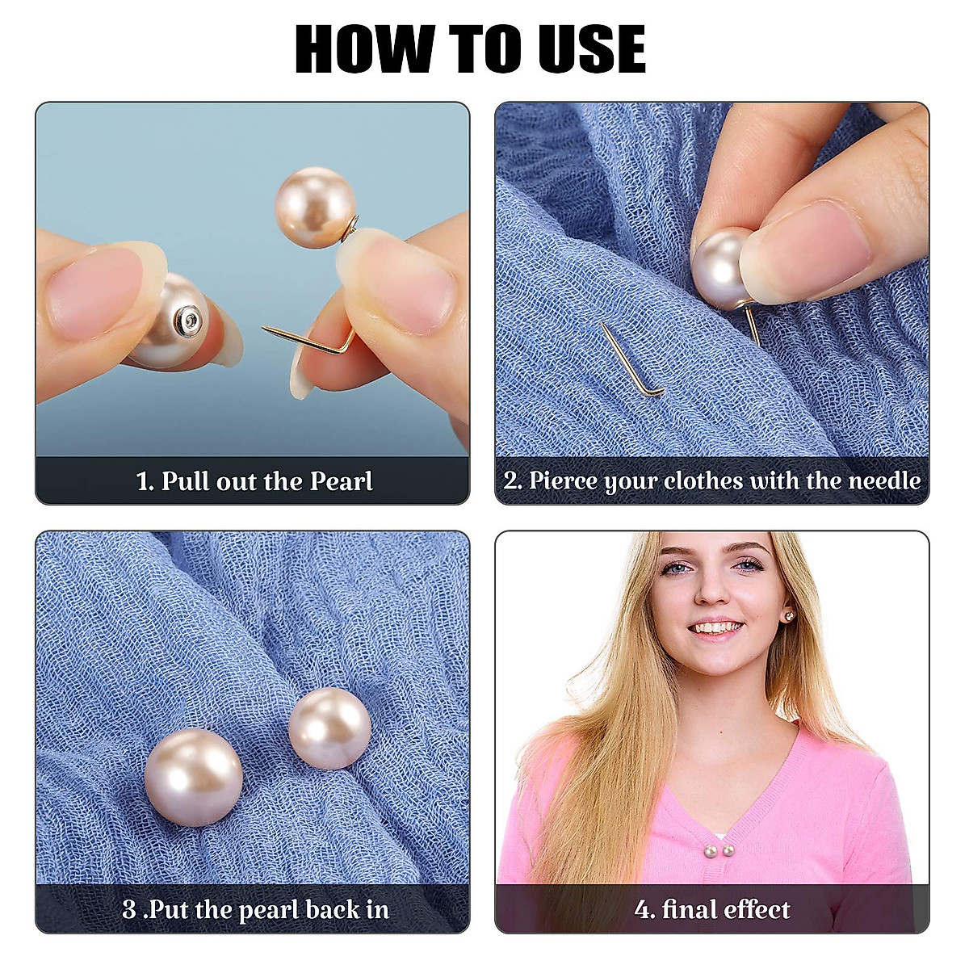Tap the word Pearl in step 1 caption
tap(342, 481)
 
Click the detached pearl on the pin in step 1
tap(315, 208)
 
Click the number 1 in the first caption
tap(143, 481)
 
